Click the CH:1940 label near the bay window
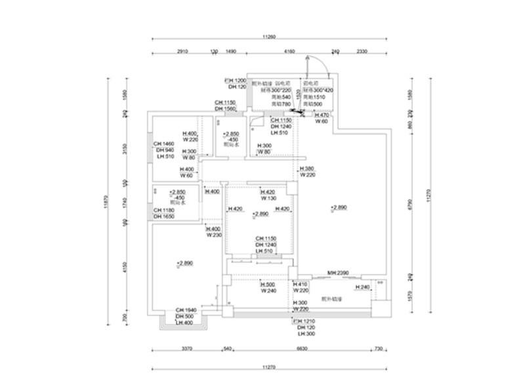[x=186, y=310]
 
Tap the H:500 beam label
[x=267, y=285]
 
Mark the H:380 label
[x=308, y=169]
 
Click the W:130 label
[x=267, y=198]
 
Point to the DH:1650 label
[x=164, y=216]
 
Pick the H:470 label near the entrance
[x=322, y=115]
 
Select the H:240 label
[x=364, y=287]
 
